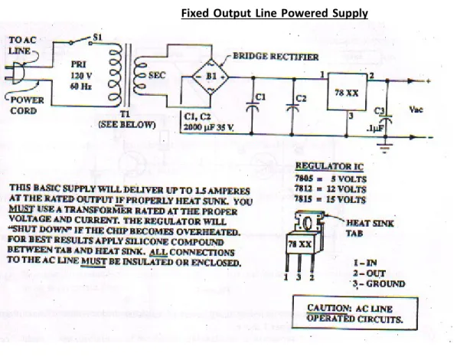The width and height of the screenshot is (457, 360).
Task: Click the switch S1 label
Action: pos(98,37)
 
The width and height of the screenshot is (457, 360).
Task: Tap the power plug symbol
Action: pos(15,73)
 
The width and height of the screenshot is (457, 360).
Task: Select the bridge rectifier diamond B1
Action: pos(211,77)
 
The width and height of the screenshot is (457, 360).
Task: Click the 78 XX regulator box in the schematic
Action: pos(347,92)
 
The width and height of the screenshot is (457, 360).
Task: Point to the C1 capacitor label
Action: pos(260,97)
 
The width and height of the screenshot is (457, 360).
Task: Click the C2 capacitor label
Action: pos(301,98)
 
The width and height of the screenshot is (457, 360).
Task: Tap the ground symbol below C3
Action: pos(385,148)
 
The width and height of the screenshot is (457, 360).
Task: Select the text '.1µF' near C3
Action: pos(374,128)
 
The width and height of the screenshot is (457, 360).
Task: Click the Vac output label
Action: pos(416,110)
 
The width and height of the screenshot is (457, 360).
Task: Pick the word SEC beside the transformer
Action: pos(157,75)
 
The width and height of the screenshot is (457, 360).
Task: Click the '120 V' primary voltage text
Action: pos(81,76)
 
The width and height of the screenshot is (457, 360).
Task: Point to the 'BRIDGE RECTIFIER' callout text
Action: pos(276,57)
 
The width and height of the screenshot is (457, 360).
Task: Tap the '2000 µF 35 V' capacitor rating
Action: pos(209,127)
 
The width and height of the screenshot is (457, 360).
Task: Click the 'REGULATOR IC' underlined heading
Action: pos(329,166)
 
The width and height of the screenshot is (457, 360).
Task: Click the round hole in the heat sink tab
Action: pos(308,224)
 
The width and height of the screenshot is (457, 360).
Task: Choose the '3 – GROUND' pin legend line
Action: pos(379,283)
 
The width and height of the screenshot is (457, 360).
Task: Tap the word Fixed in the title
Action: pos(195,13)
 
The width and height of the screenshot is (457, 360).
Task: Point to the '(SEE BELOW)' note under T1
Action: pos(127,125)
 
